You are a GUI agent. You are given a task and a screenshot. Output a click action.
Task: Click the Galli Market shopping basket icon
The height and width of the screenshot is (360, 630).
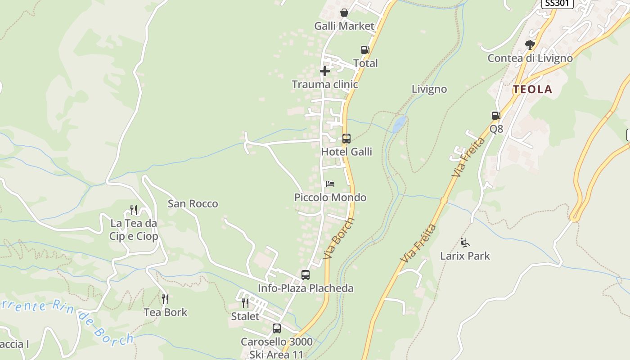coord(344,13)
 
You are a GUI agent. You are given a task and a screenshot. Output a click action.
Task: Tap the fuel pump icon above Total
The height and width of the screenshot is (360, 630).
coord(365,50)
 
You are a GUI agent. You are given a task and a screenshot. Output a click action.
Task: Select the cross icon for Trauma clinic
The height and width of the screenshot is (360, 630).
coord(325,71)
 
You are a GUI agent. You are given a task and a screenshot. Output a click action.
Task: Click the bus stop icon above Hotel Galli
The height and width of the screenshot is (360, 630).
coord(346,139)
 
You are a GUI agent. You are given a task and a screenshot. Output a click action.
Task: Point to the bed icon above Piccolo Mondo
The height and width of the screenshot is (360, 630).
coord(330,184)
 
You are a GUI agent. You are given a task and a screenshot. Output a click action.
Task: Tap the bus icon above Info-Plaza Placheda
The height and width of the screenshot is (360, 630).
coord(306,275)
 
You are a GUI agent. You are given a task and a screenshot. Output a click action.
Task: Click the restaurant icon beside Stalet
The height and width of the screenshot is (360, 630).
coord(245,303)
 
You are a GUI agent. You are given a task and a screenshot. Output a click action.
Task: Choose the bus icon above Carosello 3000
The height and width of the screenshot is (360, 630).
coord(277,328)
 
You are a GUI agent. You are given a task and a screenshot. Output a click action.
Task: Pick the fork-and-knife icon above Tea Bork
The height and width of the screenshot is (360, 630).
coord(165,299)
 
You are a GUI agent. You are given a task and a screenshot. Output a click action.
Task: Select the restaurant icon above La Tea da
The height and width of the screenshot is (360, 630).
coord(134,210)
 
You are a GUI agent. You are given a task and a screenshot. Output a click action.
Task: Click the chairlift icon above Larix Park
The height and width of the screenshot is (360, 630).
coord(465,243)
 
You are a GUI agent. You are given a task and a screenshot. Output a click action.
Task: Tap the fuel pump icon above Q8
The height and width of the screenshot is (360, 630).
coord(496,116)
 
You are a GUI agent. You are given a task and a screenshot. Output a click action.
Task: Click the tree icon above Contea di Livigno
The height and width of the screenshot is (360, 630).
coord(530,45)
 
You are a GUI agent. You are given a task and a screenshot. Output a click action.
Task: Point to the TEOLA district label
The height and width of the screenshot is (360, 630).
coord(533,89)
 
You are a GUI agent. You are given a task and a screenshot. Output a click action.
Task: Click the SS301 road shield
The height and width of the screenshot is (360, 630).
coord(557,4)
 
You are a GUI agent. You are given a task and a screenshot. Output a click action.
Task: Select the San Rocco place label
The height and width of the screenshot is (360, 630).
coord(193,203)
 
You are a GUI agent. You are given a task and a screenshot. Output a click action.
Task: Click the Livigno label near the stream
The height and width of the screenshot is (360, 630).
coord(429,89)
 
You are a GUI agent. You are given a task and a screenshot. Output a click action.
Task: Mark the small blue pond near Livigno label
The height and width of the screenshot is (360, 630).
coord(399,124)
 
